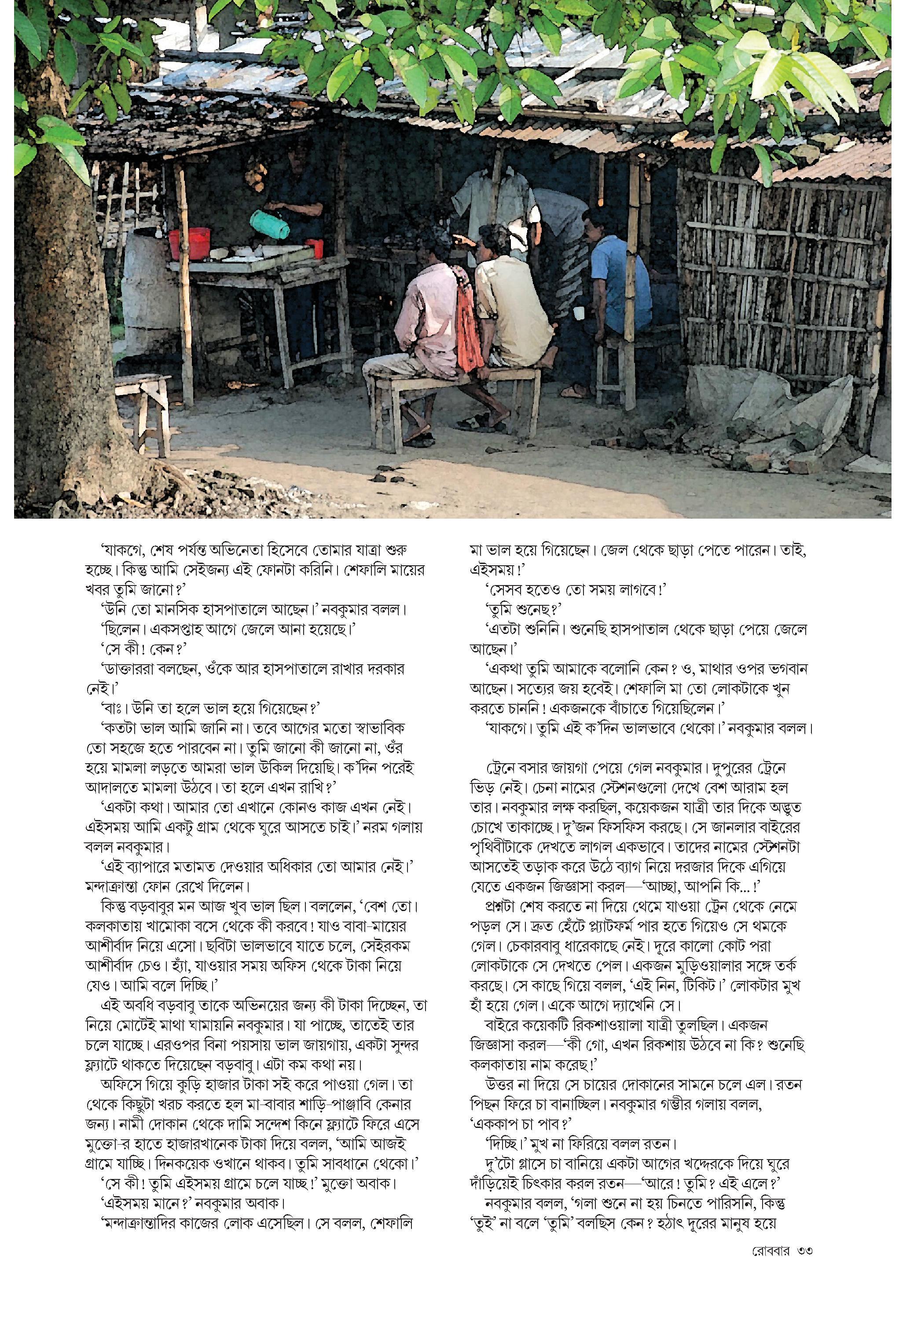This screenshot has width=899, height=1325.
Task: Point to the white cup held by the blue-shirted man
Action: point(579,312)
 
